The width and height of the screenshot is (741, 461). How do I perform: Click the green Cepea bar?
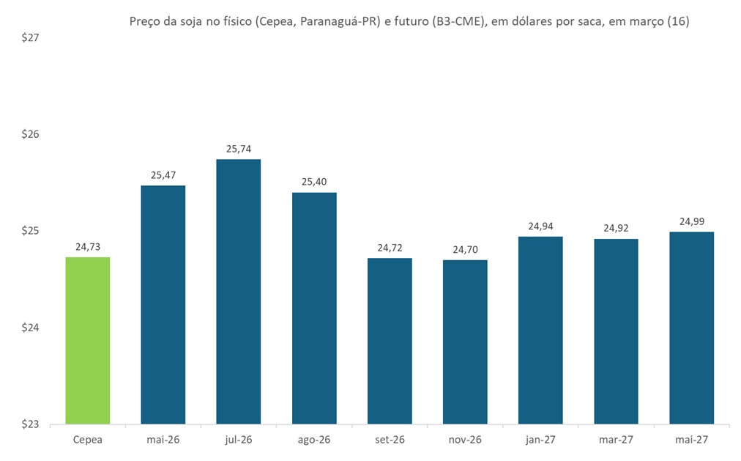88,340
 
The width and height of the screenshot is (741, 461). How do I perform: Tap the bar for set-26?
390,341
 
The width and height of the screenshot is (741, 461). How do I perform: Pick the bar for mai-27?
691,328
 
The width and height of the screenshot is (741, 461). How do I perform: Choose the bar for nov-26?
465,342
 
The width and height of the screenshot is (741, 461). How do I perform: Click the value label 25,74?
238,149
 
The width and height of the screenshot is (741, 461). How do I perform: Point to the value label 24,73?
88,247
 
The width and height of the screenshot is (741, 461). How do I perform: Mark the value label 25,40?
314,182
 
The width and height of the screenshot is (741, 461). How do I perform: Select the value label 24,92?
616,228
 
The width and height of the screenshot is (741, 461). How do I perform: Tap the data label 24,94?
540,226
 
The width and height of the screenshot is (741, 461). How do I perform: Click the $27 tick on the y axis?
30,38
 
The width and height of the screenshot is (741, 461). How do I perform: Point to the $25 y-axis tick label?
30,231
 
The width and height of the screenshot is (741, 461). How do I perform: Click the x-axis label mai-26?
163,440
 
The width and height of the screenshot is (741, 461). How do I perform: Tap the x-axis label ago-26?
314,440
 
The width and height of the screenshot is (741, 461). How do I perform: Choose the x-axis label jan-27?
540,440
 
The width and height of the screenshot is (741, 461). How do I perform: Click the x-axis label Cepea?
88,440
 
